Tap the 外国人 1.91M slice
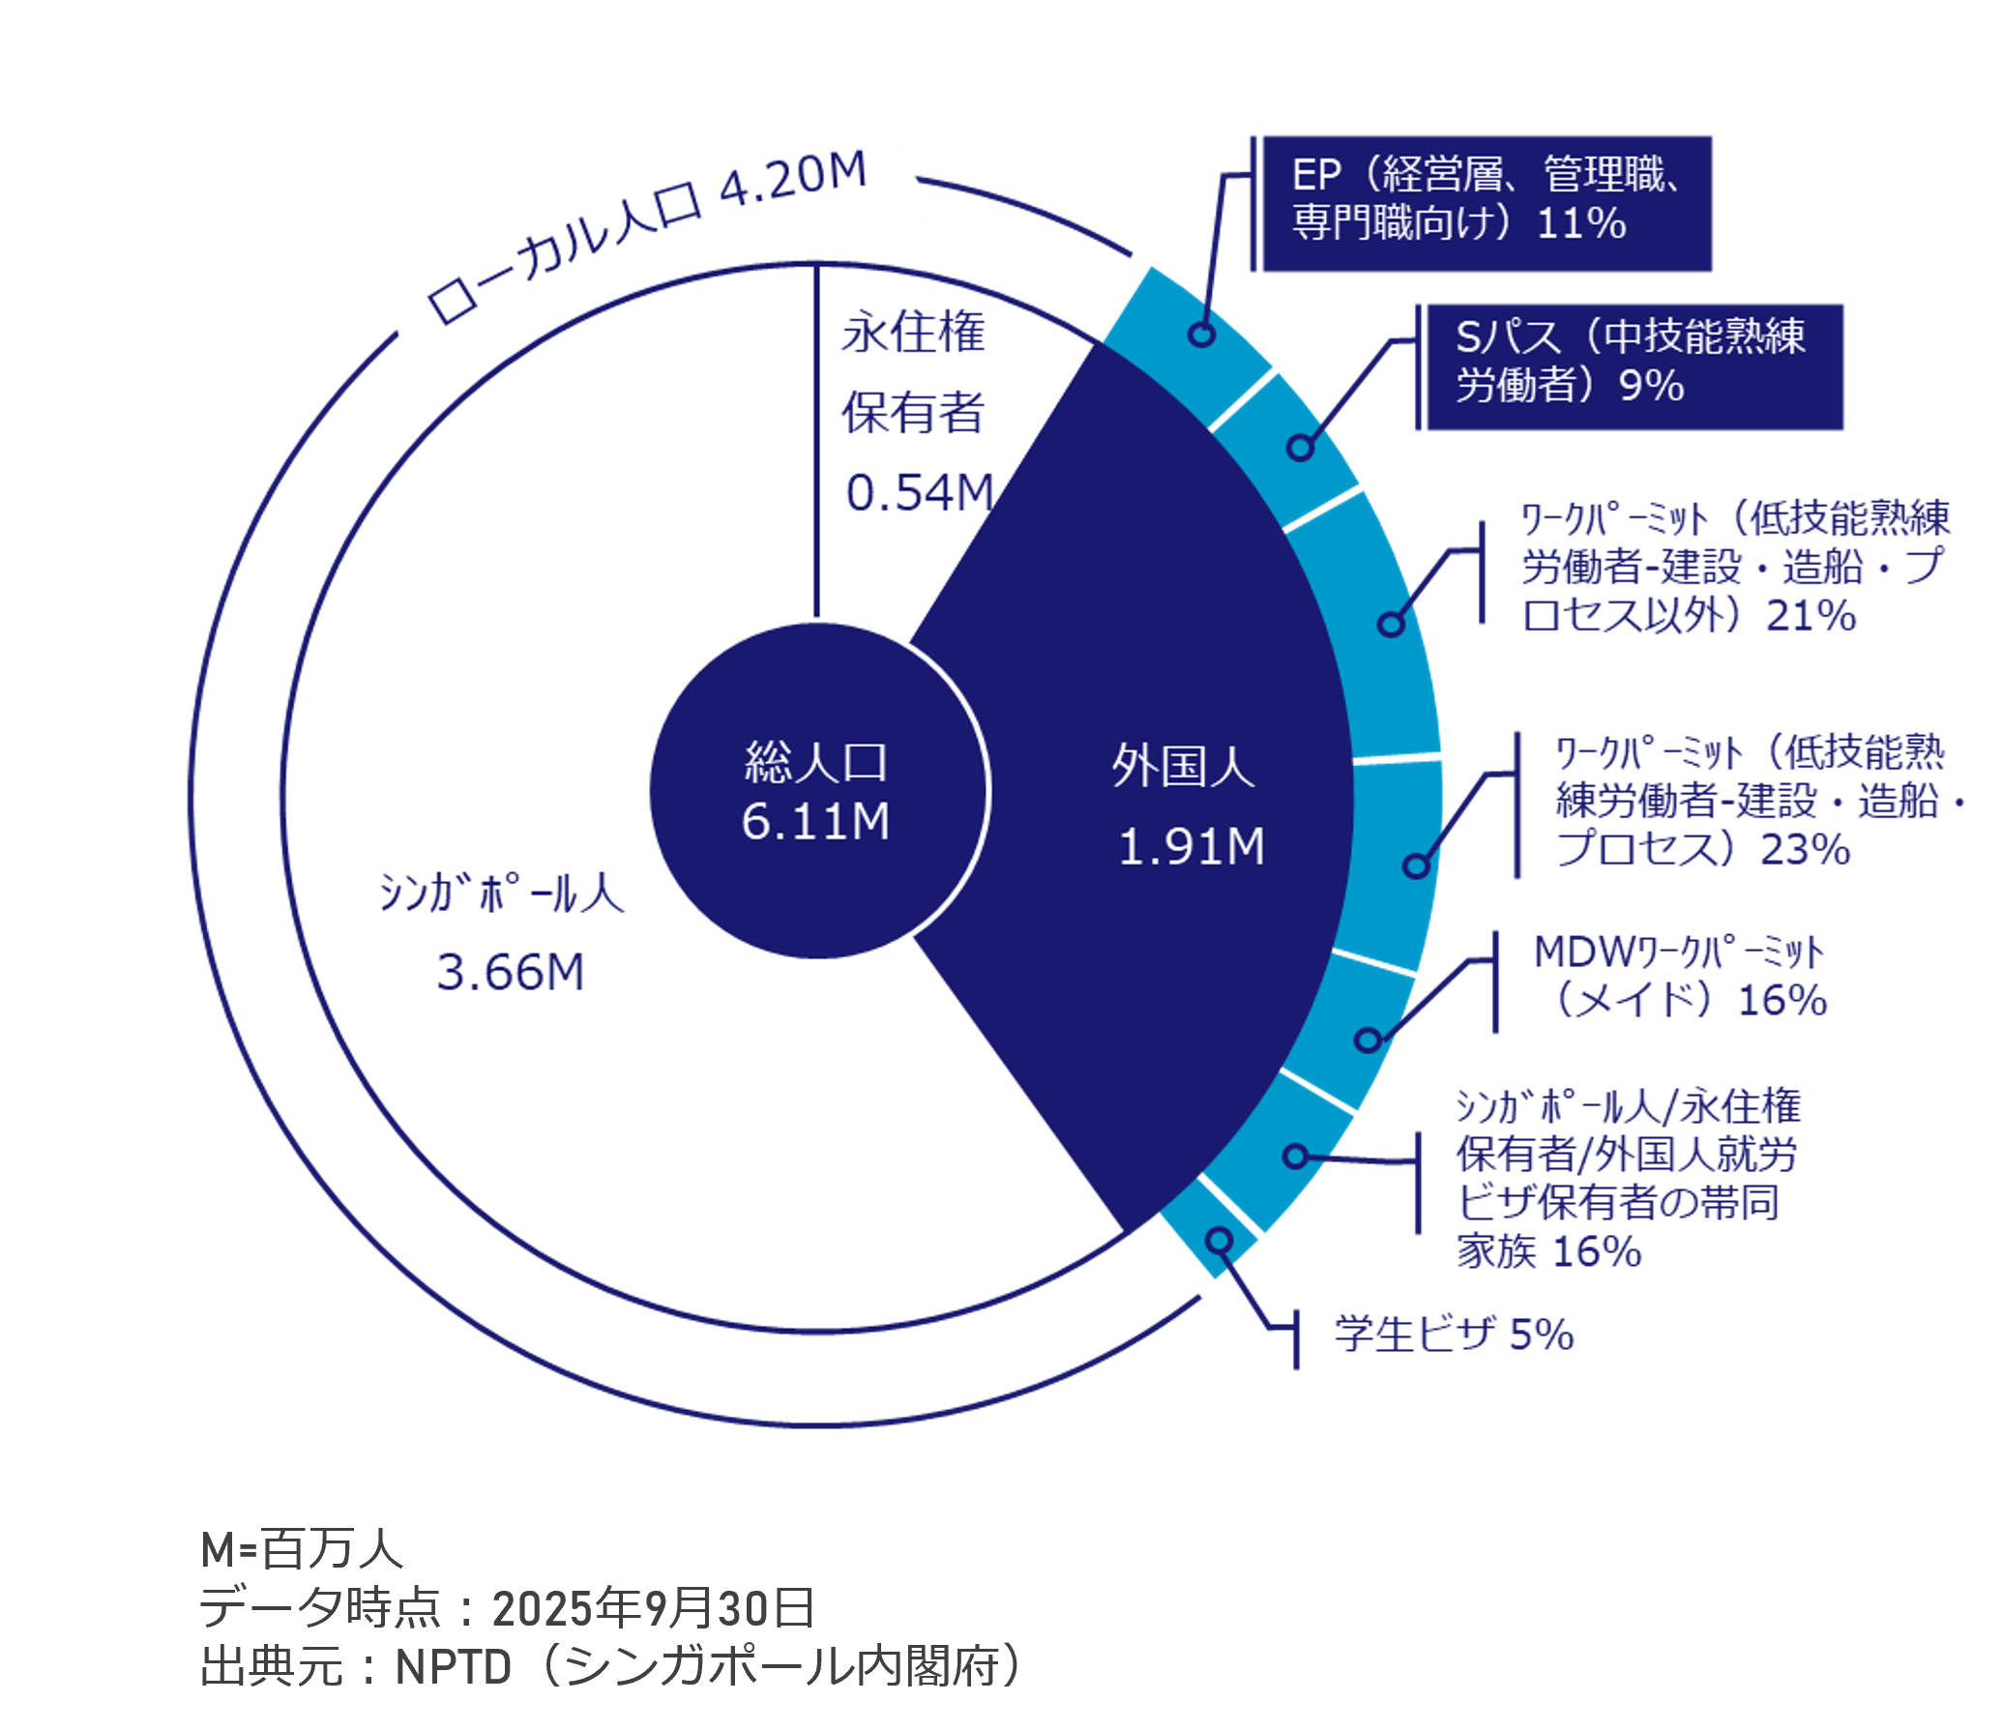tap(1185, 807)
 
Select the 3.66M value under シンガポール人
tap(510, 971)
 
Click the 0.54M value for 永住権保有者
tap(919, 493)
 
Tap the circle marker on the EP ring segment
tap(1202, 335)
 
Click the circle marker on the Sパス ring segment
tap(1301, 448)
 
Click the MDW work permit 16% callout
tap(1678, 979)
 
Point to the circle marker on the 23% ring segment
tap(1416, 864)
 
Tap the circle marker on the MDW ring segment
tap(1368, 1040)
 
